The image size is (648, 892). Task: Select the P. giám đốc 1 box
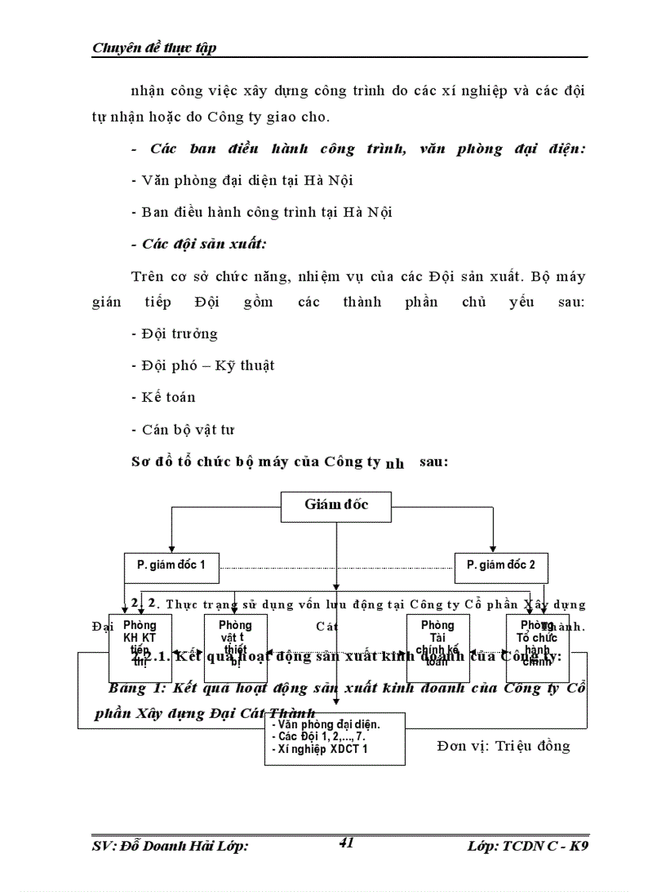coord(172,566)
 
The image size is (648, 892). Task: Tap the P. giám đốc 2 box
coord(500,566)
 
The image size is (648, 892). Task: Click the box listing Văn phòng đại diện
coord(334,738)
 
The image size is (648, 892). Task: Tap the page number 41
coord(345,843)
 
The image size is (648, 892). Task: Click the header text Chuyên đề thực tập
coord(155,48)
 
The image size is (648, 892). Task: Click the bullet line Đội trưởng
coord(175,334)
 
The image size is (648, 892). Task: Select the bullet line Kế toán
coord(164,397)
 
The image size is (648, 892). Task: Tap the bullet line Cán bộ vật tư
coord(183,430)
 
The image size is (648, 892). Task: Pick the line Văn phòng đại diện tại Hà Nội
coord(231,180)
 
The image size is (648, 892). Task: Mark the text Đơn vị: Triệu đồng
coord(503,746)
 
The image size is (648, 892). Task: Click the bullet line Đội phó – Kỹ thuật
coord(203,365)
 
